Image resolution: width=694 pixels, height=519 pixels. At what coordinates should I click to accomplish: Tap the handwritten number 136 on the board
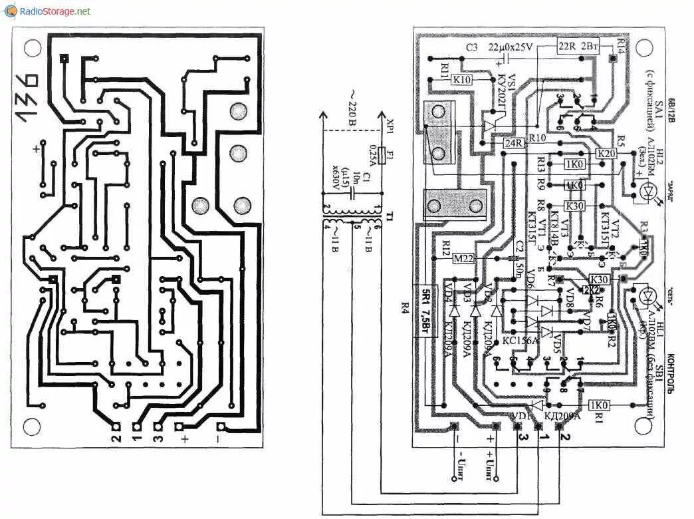27,97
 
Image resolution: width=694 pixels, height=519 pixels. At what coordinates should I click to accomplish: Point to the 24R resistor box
514,142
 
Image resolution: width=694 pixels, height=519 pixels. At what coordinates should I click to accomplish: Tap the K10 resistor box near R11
463,80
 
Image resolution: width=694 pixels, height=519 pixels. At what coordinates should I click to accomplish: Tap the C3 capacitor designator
471,47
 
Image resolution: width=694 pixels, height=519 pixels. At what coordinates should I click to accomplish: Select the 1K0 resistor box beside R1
599,405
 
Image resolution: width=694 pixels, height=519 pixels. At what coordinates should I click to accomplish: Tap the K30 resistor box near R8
575,206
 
